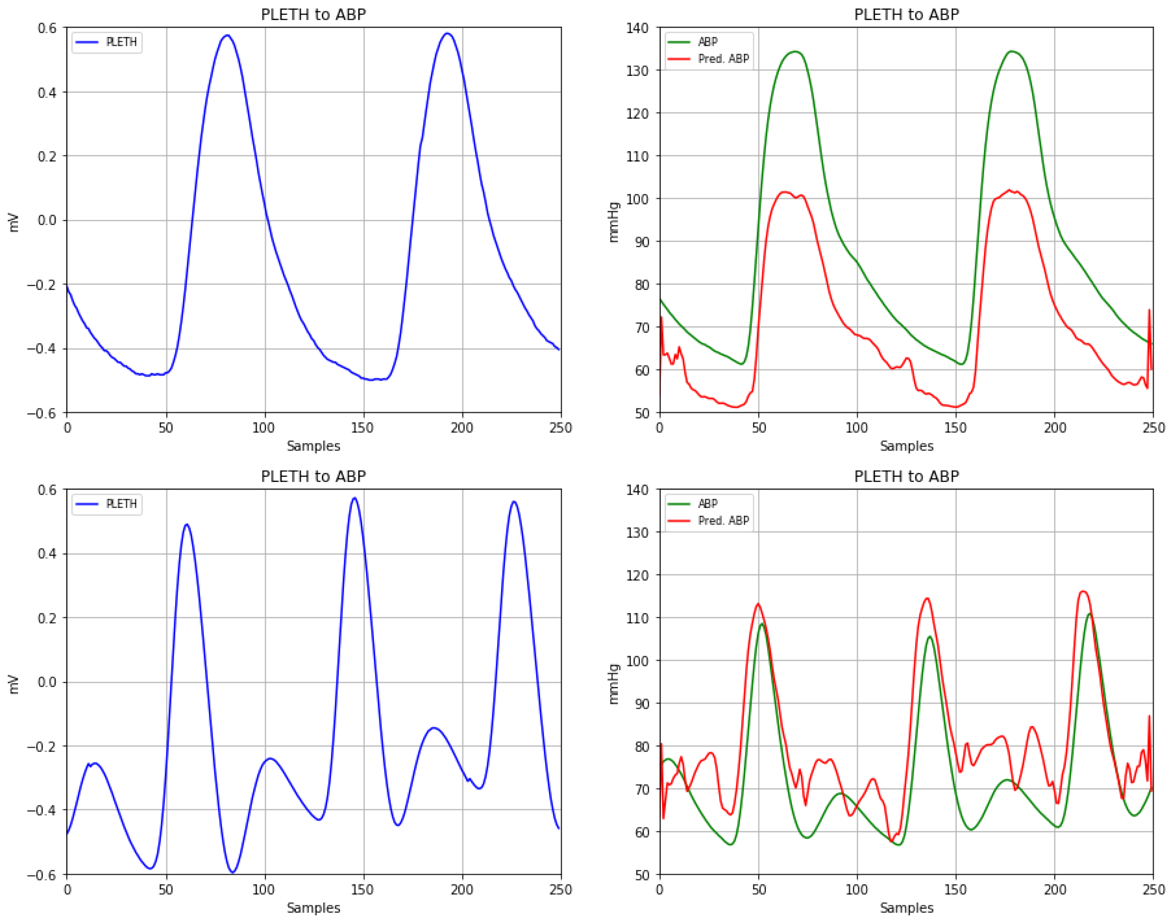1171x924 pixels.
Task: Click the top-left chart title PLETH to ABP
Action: coord(313,15)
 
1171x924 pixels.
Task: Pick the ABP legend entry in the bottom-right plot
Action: coord(707,504)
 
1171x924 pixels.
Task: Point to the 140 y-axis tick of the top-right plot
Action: coord(637,28)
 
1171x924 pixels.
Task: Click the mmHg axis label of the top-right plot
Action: coord(613,222)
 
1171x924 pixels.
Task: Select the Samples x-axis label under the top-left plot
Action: coord(313,446)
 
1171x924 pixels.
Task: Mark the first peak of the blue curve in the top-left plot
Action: coord(227,36)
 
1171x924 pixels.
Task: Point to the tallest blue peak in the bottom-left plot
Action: coord(354,498)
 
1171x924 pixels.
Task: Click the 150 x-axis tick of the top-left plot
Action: coord(363,428)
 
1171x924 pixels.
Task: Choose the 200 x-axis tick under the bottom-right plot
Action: coord(1055,890)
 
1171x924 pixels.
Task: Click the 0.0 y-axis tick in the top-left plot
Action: coord(47,220)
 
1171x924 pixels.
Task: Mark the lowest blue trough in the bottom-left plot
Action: coord(233,872)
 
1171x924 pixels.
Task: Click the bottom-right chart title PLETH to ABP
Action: coord(907,477)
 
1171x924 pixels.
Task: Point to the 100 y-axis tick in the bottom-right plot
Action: coord(637,661)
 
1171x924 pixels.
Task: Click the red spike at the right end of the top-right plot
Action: coord(1149,311)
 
